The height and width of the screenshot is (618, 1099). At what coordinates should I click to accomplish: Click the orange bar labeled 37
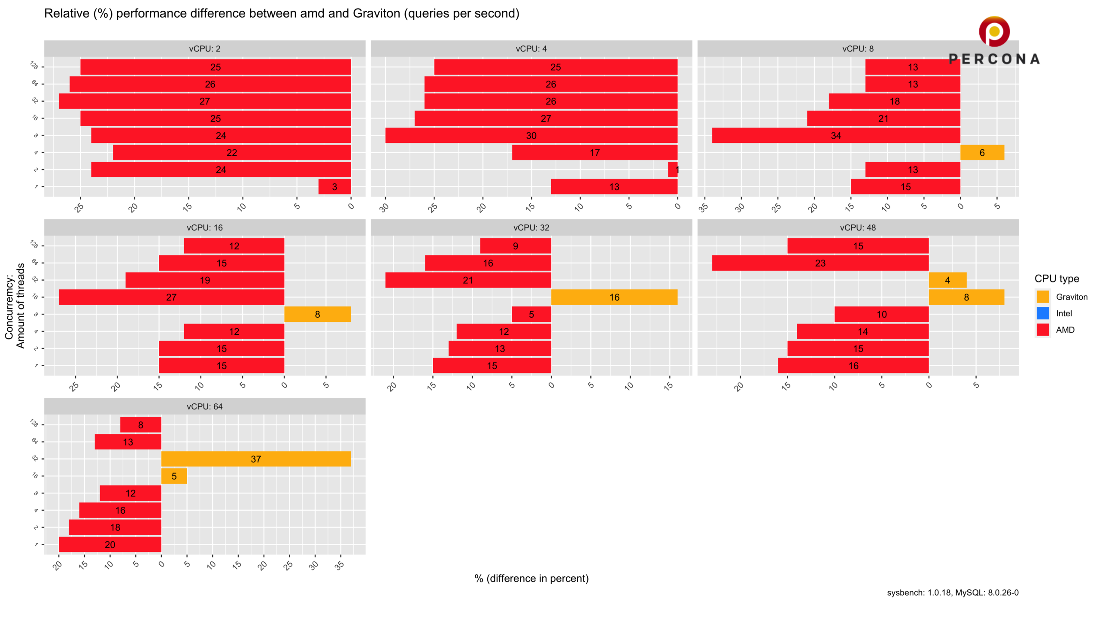pyautogui.click(x=256, y=459)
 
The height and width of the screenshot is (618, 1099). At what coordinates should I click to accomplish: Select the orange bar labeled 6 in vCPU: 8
pyautogui.click(x=982, y=152)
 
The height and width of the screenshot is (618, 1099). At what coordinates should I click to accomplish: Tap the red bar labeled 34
pyautogui.click(x=836, y=136)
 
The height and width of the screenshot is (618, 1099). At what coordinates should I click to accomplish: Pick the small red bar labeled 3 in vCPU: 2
pyautogui.click(x=334, y=187)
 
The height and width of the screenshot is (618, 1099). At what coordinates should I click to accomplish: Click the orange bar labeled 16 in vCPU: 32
pyautogui.click(x=614, y=297)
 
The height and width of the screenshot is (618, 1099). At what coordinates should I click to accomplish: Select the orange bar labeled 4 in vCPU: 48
pyautogui.click(x=947, y=280)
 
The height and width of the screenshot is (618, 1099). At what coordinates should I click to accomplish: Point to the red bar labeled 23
pyautogui.click(x=820, y=263)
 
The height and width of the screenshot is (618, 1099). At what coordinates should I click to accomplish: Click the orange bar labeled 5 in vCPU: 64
pyautogui.click(x=174, y=476)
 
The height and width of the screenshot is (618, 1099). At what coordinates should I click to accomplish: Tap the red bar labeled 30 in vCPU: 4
pyautogui.click(x=531, y=136)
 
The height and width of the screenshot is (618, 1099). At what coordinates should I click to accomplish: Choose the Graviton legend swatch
pyautogui.click(x=1043, y=297)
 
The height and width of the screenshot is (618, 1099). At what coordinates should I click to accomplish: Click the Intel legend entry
pyautogui.click(x=1063, y=314)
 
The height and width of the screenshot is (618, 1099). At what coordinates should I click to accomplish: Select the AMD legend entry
pyautogui.click(x=1065, y=330)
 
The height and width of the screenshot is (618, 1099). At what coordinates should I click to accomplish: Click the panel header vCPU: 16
pyautogui.click(x=205, y=227)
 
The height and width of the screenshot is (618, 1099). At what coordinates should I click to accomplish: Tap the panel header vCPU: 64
pyautogui.click(x=205, y=406)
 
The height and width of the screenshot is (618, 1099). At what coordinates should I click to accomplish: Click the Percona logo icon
pyautogui.click(x=994, y=32)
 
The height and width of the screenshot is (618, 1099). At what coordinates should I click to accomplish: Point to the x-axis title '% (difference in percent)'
pyautogui.click(x=531, y=579)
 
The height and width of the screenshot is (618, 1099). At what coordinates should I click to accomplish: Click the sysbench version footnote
pyautogui.click(x=953, y=593)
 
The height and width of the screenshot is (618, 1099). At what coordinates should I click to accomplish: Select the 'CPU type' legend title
pyautogui.click(x=1056, y=279)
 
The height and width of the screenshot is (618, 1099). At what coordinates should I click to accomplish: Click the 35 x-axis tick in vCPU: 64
pyautogui.click(x=340, y=565)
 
